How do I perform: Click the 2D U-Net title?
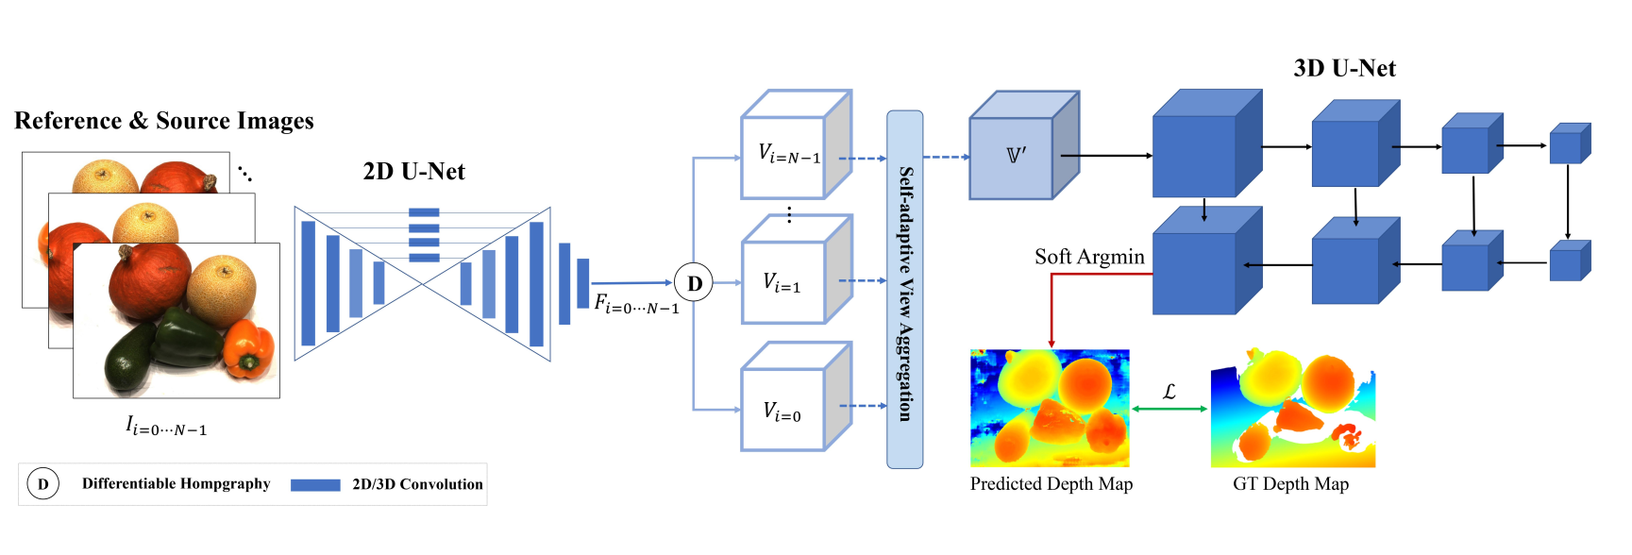pyautogui.click(x=413, y=172)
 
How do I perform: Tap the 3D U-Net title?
pyautogui.click(x=1344, y=69)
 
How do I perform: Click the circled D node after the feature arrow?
pyautogui.click(x=695, y=283)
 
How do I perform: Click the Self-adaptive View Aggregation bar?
pyautogui.click(x=905, y=289)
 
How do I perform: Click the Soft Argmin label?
pyautogui.click(x=1089, y=257)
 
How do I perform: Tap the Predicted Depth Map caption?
pyautogui.click(x=1051, y=484)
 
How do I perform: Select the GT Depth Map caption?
pyautogui.click(x=1290, y=484)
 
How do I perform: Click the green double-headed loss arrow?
pyautogui.click(x=1169, y=409)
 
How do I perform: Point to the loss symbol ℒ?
pyautogui.click(x=1169, y=391)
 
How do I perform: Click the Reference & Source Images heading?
pyautogui.click(x=164, y=121)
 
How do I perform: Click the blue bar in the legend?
pyautogui.click(x=315, y=485)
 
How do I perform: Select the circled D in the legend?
pyautogui.click(x=42, y=484)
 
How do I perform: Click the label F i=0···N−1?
pyautogui.click(x=636, y=304)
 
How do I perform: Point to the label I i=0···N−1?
pyautogui.click(x=166, y=427)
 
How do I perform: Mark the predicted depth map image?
pyautogui.click(x=1050, y=408)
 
